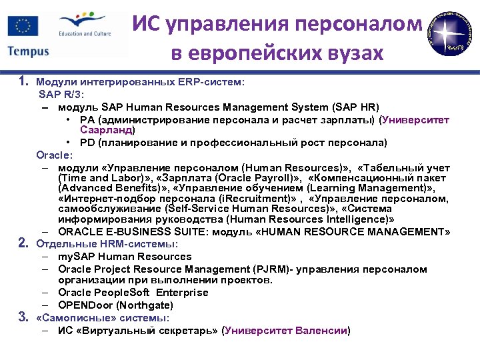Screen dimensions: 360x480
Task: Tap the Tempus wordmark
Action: tap(29, 51)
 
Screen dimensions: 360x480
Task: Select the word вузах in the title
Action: tap(351, 53)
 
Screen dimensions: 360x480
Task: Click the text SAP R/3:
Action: tap(61, 95)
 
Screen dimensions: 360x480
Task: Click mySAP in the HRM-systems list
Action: tap(74, 257)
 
